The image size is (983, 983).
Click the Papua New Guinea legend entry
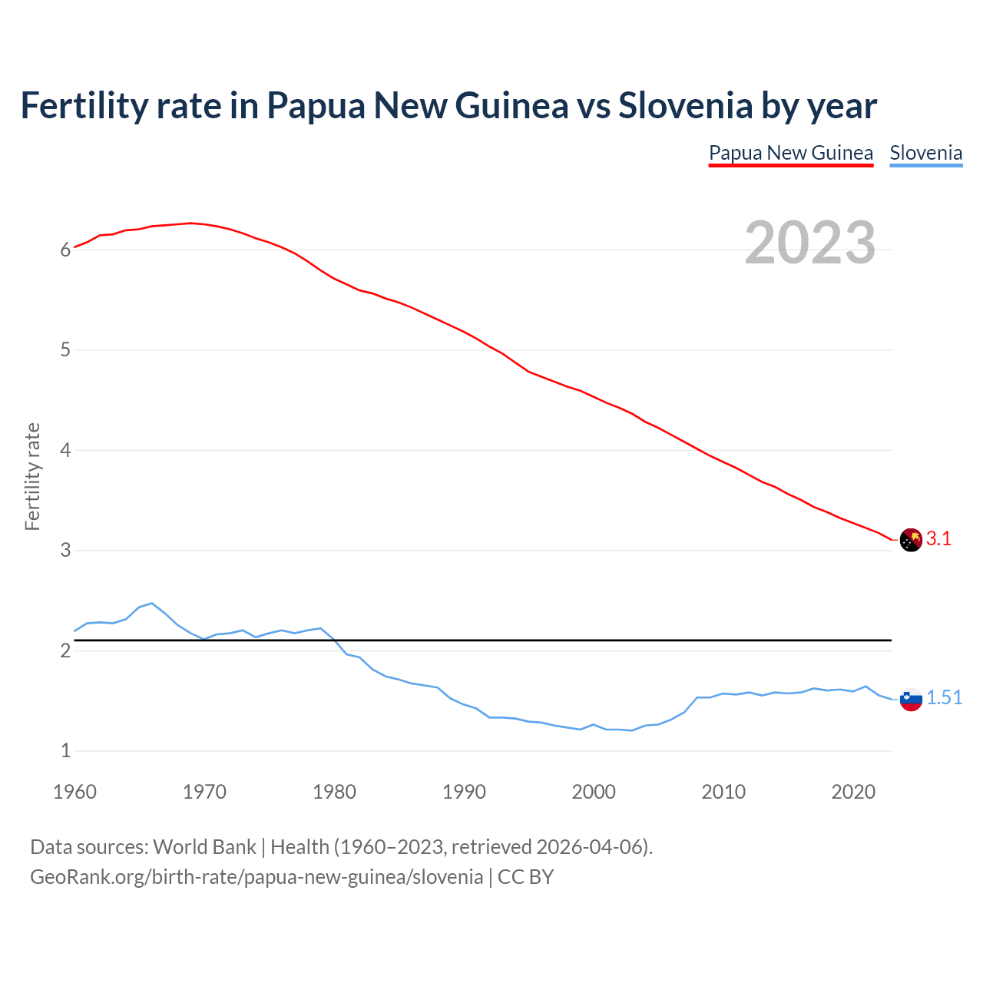coord(790,153)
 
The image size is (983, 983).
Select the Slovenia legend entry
coord(925,153)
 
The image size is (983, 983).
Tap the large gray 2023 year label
coord(810,243)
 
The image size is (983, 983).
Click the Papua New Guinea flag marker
coord(911,540)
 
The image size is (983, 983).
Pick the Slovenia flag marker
coord(911,699)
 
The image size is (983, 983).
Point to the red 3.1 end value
coord(938,539)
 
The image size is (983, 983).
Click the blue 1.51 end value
coord(944,697)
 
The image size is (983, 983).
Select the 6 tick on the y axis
coord(65,250)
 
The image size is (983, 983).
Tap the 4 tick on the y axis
coord(65,450)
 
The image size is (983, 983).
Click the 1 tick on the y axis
coord(65,751)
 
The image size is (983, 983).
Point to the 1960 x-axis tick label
coord(74,792)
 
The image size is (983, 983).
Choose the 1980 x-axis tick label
coord(334,792)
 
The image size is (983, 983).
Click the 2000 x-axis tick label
coord(594,792)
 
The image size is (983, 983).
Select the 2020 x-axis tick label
coord(853,792)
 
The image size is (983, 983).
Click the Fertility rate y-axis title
coord(32,476)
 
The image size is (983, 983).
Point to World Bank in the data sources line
coord(204,847)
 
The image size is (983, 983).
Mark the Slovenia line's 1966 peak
coord(152,603)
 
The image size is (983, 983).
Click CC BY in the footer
coord(525,877)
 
